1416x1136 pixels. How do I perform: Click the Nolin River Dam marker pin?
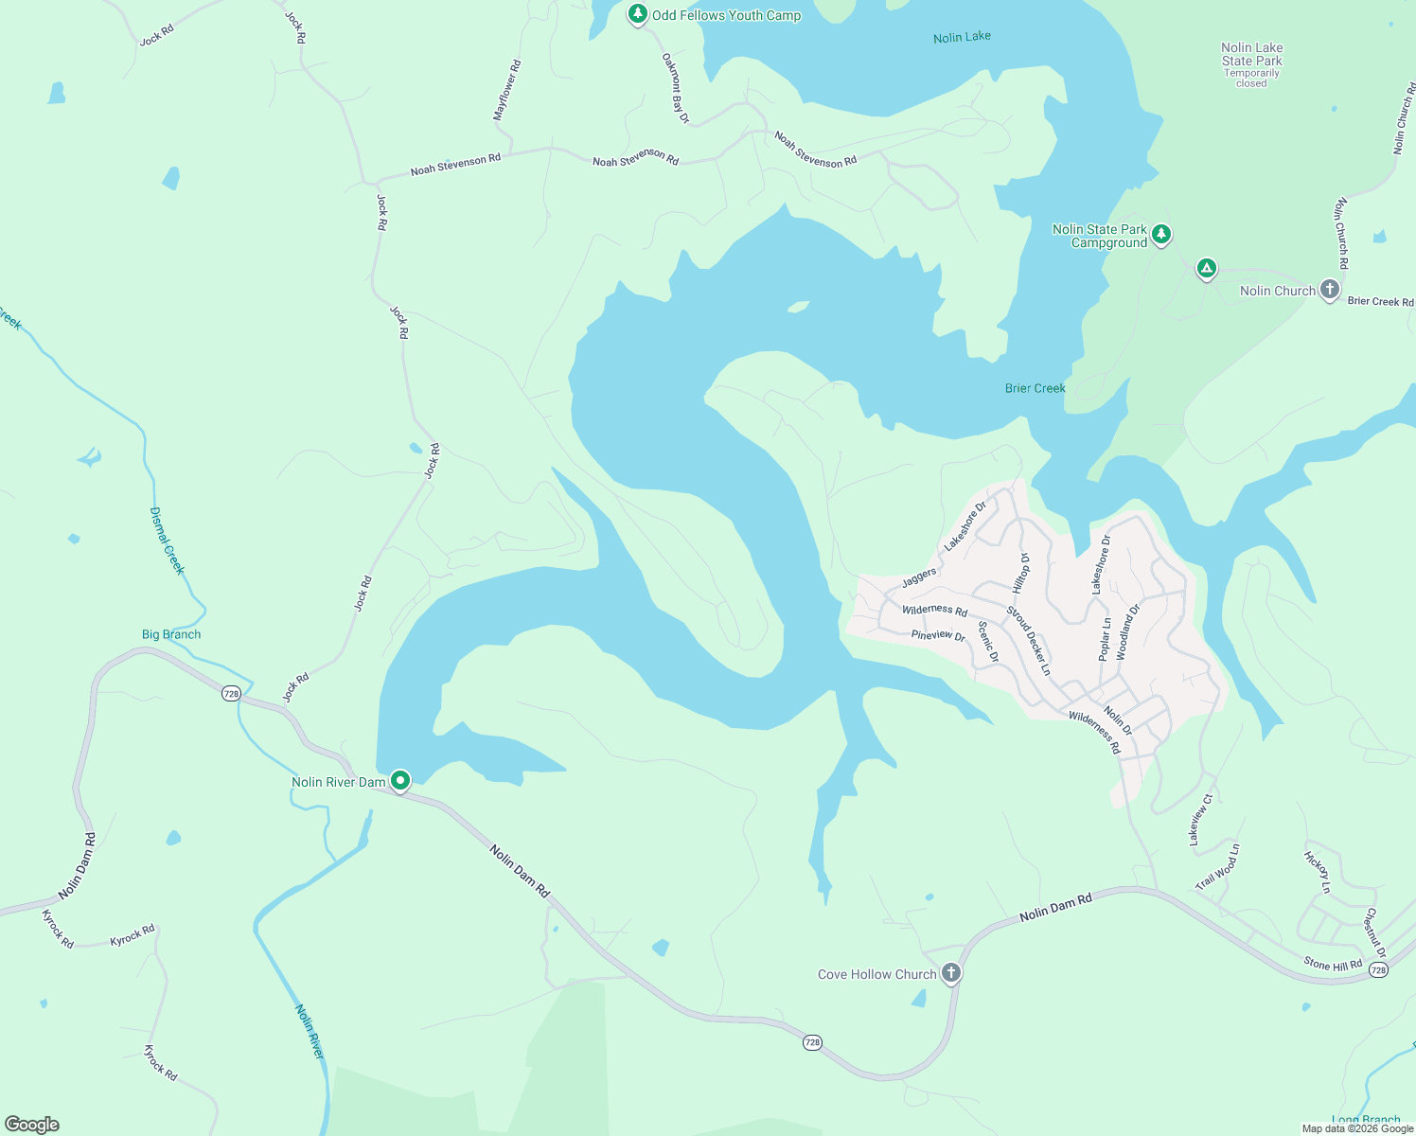tap(400, 781)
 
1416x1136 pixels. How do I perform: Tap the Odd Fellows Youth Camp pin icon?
tap(638, 14)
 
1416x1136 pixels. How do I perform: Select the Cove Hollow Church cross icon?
tap(951, 972)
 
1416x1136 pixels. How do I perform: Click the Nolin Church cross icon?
tap(1329, 289)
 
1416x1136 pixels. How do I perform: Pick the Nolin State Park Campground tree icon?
tap(1161, 234)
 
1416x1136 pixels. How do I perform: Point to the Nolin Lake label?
tap(962, 37)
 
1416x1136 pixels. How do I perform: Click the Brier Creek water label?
tap(1035, 388)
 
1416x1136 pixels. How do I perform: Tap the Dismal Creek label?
tap(167, 541)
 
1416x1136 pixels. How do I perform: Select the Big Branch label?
tap(171, 634)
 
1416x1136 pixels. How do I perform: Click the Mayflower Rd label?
tap(507, 91)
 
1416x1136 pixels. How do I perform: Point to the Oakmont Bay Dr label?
tap(675, 88)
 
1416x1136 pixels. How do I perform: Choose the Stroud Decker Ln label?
tap(1029, 641)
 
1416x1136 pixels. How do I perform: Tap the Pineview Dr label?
tap(938, 635)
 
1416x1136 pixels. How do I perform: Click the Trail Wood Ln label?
tap(1217, 867)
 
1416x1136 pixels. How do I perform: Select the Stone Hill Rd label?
tap(1333, 965)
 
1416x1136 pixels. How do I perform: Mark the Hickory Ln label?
tap(1318, 873)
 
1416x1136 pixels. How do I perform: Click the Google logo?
tap(32, 1125)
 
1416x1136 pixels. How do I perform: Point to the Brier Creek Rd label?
tap(1380, 301)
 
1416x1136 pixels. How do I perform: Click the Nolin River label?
tap(310, 1032)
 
